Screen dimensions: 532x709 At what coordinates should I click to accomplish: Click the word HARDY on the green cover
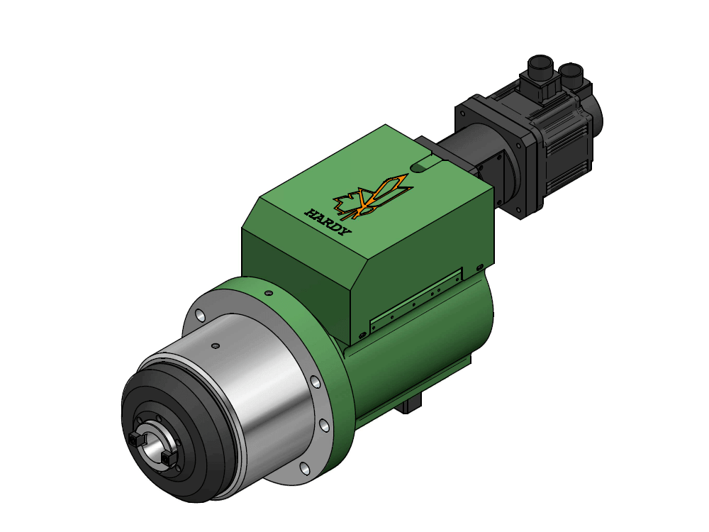pyautogui.click(x=328, y=222)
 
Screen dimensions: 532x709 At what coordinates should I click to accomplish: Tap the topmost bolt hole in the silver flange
pyautogui.click(x=200, y=314)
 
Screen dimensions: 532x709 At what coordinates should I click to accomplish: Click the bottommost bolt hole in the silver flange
pyautogui.click(x=304, y=468)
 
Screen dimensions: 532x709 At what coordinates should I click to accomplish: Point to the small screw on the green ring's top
pyautogui.click(x=268, y=293)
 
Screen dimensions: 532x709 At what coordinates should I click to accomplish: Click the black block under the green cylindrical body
pyautogui.click(x=409, y=405)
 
